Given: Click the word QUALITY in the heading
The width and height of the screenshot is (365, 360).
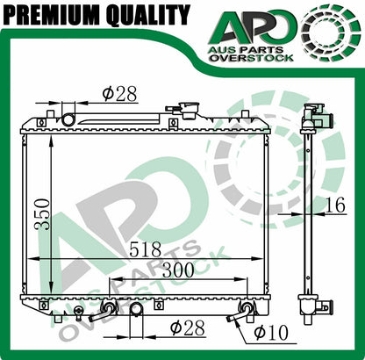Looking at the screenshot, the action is (148, 15).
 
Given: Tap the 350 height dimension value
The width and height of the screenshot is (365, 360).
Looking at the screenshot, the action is (41, 214).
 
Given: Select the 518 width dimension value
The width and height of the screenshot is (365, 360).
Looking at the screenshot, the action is (145, 249).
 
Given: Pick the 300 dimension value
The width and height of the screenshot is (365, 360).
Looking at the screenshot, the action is (178, 270).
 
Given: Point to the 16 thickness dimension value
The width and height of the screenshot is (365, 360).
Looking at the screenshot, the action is (335, 205).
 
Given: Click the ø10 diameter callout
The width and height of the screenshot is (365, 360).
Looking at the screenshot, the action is (271, 332).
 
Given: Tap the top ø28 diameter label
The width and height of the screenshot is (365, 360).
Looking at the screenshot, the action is (119, 94).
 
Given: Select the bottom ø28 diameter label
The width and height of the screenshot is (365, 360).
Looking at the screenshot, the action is (188, 328).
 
